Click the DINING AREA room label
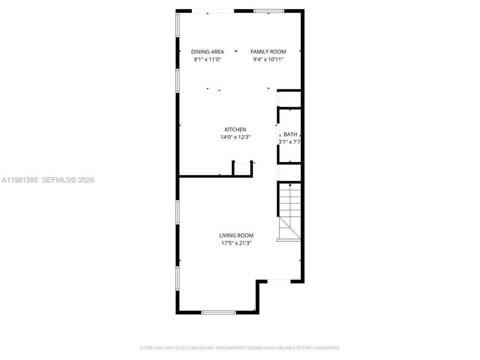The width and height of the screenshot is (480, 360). point(207,52)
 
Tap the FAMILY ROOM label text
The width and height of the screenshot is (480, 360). point(268,52)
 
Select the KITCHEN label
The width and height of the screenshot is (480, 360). point(235,130)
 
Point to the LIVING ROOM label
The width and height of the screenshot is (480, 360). point(236,235)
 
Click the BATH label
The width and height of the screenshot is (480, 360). point(290,134)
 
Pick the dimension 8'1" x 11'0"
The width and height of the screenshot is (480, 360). point(207,59)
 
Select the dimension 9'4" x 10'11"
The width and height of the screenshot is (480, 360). point(268,59)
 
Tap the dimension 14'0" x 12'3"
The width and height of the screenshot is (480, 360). point(235,137)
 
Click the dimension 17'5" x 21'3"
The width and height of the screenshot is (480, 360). point(236,243)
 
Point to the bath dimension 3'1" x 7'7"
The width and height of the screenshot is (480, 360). point(290,142)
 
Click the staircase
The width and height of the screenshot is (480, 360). point(289,212)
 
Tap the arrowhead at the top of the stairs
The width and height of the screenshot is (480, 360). point(290,184)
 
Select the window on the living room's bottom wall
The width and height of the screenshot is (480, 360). point(218,312)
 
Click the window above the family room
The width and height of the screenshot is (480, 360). point(269,11)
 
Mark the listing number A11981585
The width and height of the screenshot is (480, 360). point(20,180)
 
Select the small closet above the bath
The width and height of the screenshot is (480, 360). point(290,99)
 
